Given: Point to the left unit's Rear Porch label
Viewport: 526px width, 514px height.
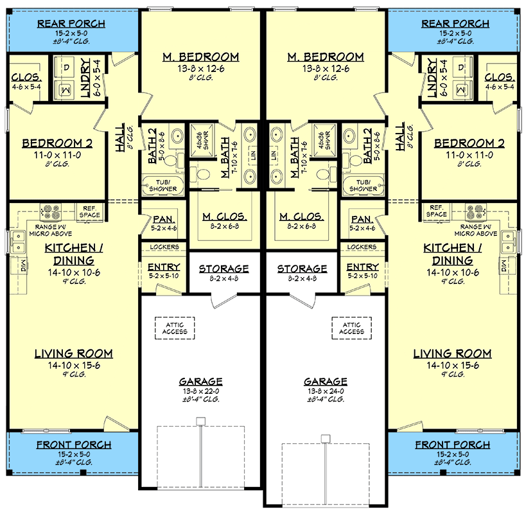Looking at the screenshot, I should tap(71, 24).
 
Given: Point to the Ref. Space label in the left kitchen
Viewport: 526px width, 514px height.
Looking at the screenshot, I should tap(89, 211).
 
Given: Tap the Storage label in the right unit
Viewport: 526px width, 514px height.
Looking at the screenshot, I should tap(302, 269).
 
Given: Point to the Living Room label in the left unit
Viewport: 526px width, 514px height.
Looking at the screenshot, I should tap(73, 353).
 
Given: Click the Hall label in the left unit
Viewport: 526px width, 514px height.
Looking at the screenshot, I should tap(120, 137).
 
